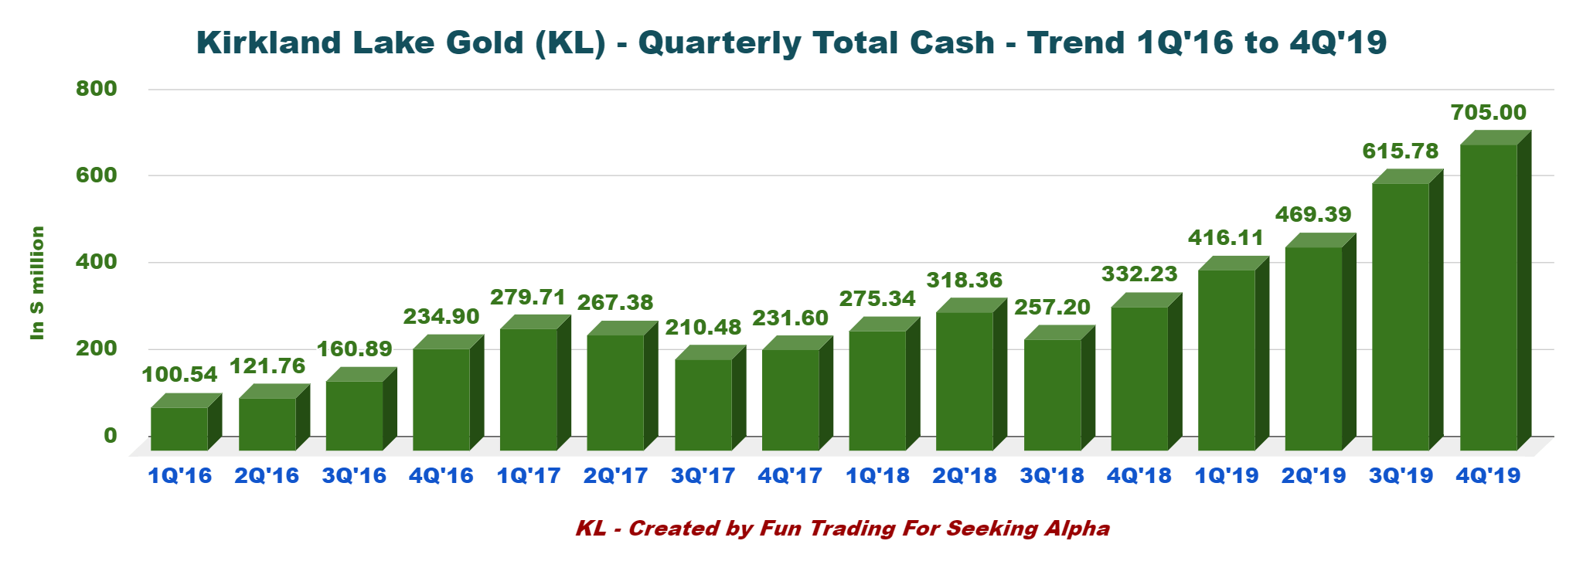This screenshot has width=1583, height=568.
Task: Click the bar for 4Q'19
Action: pos(1489,297)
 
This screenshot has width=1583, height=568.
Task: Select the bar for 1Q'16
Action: pos(179,428)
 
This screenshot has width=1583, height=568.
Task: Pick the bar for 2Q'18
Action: pos(965,380)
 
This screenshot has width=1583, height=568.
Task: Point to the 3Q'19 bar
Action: pos(1401,316)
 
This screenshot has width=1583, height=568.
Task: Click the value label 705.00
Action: pos(1489,113)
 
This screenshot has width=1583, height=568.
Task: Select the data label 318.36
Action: pos(965,280)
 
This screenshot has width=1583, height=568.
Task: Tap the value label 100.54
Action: pos(179,375)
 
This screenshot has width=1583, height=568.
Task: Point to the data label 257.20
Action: pos(1052,308)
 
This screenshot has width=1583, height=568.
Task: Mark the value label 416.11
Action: pos(1226,238)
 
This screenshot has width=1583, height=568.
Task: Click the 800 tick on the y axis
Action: pos(97,89)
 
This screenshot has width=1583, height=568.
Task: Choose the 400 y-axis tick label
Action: pos(97,262)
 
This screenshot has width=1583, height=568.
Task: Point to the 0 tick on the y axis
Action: pos(111,436)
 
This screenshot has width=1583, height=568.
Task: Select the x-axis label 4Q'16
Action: pos(441,476)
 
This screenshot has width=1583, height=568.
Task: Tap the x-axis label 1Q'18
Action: pos(877,476)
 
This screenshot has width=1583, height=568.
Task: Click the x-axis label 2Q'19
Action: pos(1313,476)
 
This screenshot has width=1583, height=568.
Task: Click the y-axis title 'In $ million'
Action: pos(37,283)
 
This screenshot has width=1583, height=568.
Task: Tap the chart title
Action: pos(791,43)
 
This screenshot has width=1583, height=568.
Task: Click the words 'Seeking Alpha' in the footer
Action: pos(1028,529)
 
